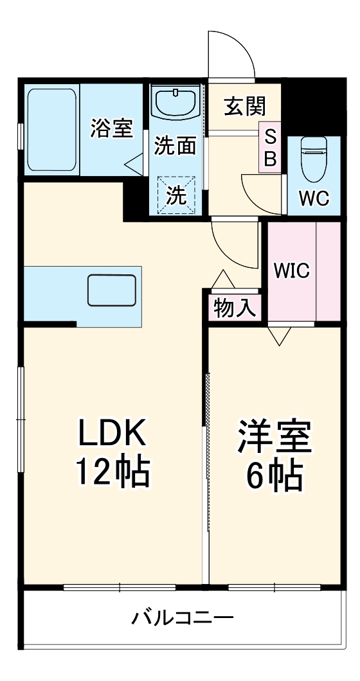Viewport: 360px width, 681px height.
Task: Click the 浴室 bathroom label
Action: point(111,128)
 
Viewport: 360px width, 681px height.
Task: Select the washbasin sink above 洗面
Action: point(175,103)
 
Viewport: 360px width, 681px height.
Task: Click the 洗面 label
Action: point(175,146)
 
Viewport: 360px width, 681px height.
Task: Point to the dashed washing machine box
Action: point(175,195)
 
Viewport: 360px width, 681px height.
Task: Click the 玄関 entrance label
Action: point(244,106)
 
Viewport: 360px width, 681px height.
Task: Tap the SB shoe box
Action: point(271,148)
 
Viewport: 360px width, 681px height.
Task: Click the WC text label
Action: point(314,199)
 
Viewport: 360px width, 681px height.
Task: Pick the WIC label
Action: point(292,270)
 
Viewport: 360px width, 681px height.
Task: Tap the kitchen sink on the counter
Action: point(111,290)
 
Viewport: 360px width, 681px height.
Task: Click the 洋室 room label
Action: point(274,437)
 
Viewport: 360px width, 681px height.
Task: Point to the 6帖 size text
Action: point(274,475)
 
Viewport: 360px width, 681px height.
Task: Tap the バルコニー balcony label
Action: point(183,619)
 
